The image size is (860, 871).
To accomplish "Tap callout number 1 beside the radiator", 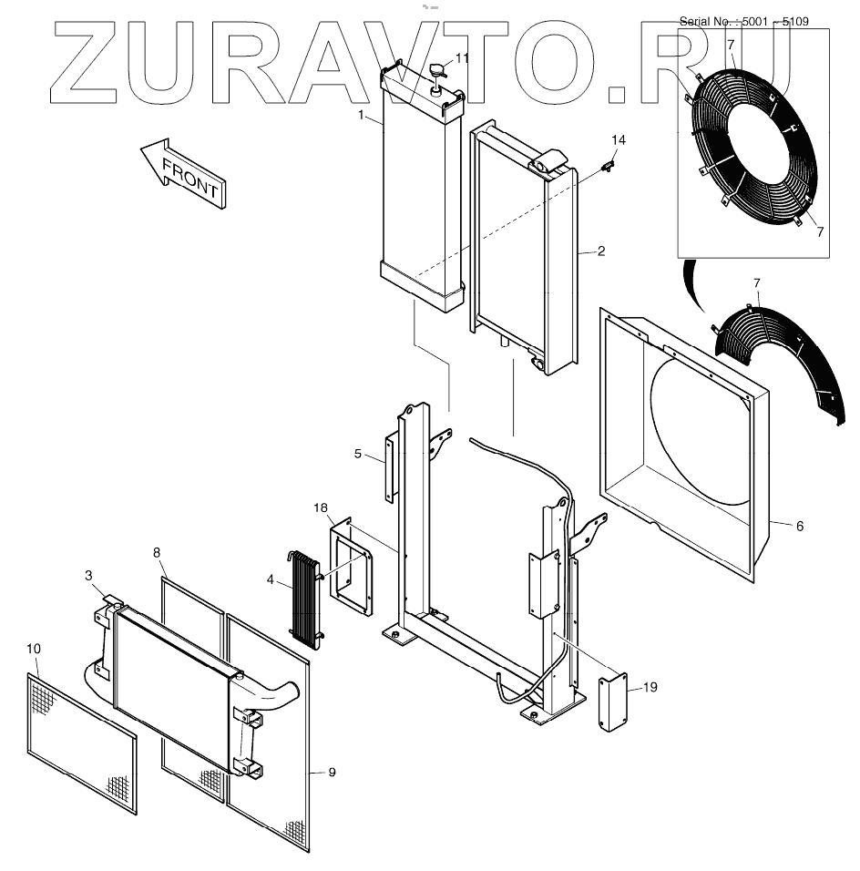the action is [x=362, y=116].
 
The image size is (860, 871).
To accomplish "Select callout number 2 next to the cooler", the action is [x=601, y=251].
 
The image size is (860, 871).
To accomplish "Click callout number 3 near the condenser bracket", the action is [x=88, y=575].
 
